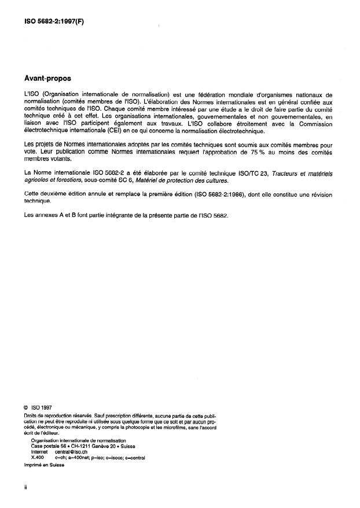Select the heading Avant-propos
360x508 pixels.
(49, 77)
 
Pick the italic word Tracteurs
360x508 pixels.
(282, 173)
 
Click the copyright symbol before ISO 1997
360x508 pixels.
(27, 407)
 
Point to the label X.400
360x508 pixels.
(38, 457)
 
